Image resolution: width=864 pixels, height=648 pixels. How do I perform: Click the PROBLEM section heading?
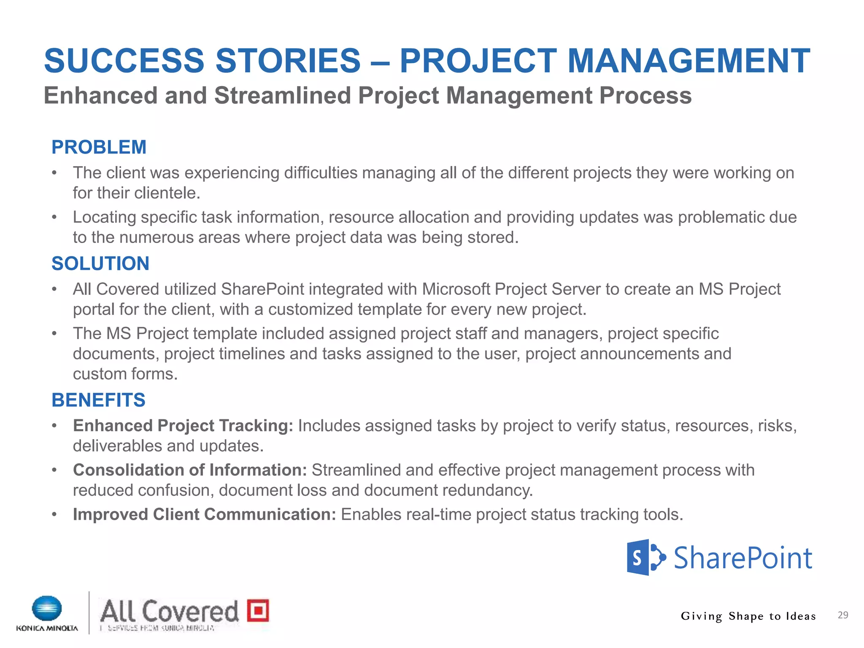pos(99,147)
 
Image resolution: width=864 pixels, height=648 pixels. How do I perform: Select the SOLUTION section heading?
pos(100,264)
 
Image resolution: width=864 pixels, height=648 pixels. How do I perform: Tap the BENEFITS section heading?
pos(98,400)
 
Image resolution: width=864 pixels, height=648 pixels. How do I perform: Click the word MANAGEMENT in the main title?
pos(688,61)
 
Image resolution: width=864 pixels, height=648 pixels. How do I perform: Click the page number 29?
pos(842,615)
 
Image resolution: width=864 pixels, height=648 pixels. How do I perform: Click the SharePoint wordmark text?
pos(742,558)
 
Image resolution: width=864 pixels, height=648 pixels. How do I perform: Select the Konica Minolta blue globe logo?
pos(47,609)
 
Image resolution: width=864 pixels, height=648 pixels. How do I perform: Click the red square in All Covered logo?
pos(258,610)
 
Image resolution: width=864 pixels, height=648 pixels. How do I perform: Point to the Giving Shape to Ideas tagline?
pos(748,616)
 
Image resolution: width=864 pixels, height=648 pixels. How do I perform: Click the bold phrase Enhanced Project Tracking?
pos(183,426)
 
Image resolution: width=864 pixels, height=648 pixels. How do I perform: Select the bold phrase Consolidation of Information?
pos(190,470)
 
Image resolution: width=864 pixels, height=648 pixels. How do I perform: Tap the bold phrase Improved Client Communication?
pos(204,514)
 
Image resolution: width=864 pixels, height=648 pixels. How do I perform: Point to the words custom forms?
pos(125,374)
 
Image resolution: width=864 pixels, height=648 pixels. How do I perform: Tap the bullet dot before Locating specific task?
pos(54,217)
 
